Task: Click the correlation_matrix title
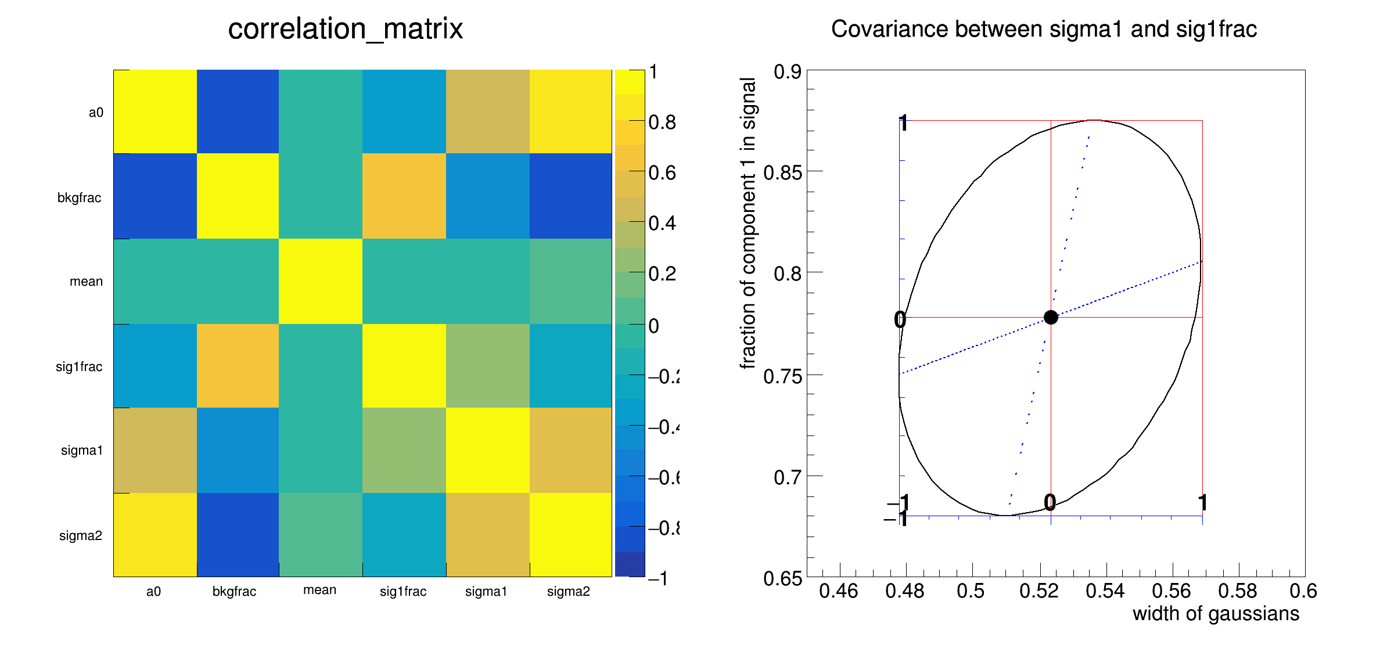pyautogui.click(x=346, y=29)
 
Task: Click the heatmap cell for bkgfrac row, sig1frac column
pyautogui.click(x=404, y=196)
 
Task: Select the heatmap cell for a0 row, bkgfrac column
pyautogui.click(x=238, y=111)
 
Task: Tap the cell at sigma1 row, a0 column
pyautogui.click(x=155, y=450)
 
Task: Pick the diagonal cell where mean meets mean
pyautogui.click(x=321, y=281)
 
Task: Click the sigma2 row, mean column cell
pyautogui.click(x=321, y=535)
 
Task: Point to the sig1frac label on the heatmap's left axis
pyautogui.click(x=79, y=366)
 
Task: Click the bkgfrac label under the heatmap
pyautogui.click(x=234, y=591)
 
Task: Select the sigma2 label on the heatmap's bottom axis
pyautogui.click(x=568, y=591)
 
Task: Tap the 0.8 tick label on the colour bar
pyautogui.click(x=662, y=123)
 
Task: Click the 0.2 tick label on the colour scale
pyautogui.click(x=662, y=273)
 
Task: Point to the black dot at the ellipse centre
pyautogui.click(x=1051, y=317)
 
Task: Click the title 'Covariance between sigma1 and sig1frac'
pyautogui.click(x=1044, y=29)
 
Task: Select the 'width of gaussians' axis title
pyautogui.click(x=1216, y=614)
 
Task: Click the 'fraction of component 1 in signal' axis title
pyautogui.click(x=748, y=224)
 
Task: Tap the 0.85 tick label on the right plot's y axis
pyautogui.click(x=782, y=172)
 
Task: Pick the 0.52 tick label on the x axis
pyautogui.click(x=1039, y=591)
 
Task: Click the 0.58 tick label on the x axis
pyautogui.click(x=1238, y=591)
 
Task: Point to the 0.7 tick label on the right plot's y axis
pyautogui.click(x=788, y=477)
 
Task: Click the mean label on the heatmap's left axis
pyautogui.click(x=86, y=282)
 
